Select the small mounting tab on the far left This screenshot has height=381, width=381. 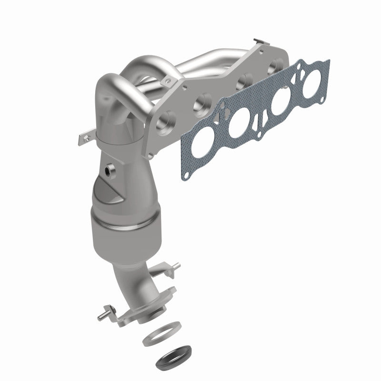point(82,139)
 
